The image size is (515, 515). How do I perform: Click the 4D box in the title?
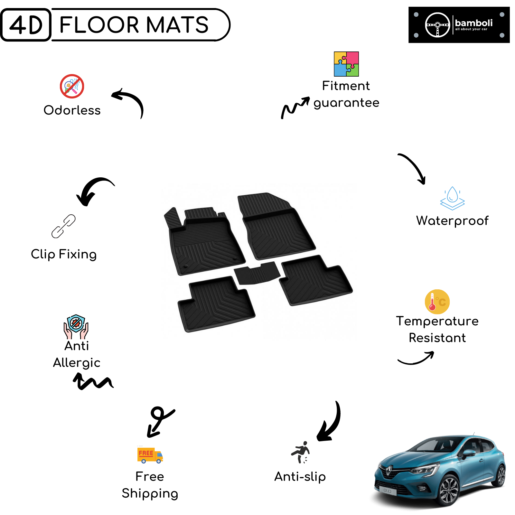pos(26,25)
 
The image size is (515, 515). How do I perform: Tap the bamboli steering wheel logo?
pos(437,25)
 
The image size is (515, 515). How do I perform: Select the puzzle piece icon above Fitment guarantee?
pos(346,64)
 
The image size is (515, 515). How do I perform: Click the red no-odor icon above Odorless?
pos(72,86)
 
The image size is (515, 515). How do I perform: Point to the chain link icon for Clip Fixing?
pos(63,226)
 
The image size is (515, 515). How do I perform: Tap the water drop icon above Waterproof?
pos(452,198)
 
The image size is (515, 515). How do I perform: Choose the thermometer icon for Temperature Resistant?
pos(437,302)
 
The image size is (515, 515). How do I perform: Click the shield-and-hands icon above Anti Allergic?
pos(76,327)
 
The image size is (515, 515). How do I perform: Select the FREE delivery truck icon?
pos(150,455)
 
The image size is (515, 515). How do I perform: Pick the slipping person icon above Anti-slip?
pos(301,452)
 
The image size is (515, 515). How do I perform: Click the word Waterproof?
pos(452,221)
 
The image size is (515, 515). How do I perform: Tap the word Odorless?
pos(72,110)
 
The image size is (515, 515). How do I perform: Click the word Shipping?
pos(150,494)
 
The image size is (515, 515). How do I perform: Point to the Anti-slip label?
pos(300,477)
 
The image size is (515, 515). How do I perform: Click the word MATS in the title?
pos(177,25)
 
